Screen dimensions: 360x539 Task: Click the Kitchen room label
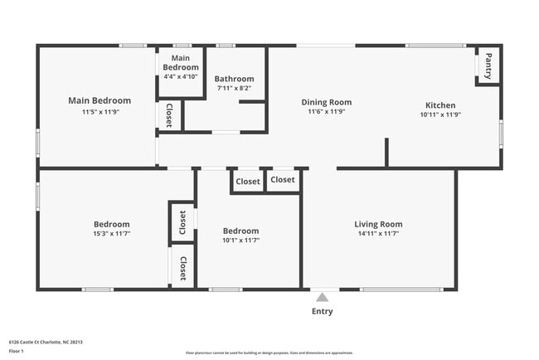(x=440, y=105)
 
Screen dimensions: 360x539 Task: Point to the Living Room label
(x=378, y=224)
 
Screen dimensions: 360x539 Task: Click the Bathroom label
(x=234, y=79)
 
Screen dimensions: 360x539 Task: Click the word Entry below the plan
(x=323, y=312)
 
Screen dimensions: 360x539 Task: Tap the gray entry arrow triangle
(x=323, y=296)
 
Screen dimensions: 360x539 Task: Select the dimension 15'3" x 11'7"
(x=111, y=234)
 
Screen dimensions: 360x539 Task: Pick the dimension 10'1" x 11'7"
(x=240, y=240)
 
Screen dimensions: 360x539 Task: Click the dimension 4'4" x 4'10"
(x=181, y=76)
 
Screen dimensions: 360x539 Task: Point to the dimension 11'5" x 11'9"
(x=100, y=111)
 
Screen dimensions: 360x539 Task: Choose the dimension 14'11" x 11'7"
(x=378, y=234)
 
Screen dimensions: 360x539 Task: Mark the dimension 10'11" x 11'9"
(x=440, y=114)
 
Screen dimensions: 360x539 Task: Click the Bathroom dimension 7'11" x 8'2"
(x=234, y=88)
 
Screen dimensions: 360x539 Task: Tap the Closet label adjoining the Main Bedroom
(x=169, y=115)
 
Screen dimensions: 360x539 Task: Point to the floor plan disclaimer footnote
(x=269, y=353)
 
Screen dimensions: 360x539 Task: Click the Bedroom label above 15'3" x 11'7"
(x=111, y=224)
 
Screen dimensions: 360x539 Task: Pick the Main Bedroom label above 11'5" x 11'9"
(x=100, y=100)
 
